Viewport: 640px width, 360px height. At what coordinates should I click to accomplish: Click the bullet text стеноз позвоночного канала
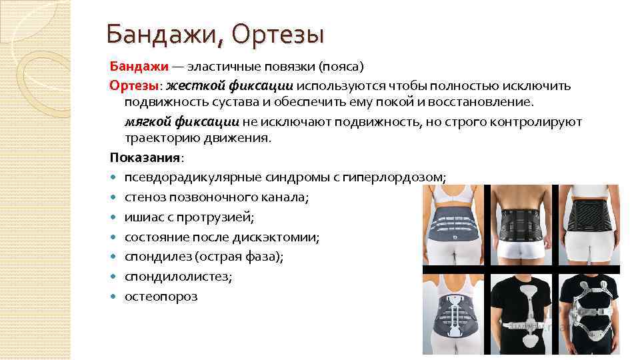[x=216, y=197]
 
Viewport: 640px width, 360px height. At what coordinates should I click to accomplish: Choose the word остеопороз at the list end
[x=161, y=296]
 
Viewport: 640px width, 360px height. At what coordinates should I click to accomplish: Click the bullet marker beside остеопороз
[x=115, y=297]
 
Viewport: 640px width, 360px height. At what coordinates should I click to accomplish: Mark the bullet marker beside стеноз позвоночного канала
[x=115, y=198]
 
